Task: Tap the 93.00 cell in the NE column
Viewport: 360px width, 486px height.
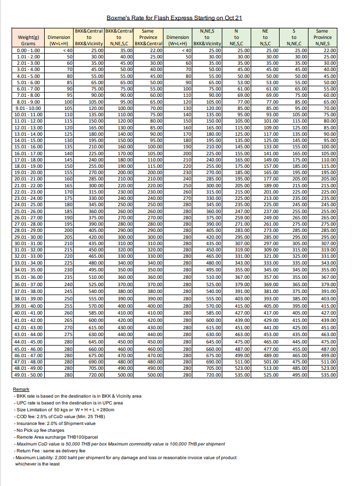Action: (x=272, y=114)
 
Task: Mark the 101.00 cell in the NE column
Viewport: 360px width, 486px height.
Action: (x=272, y=121)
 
